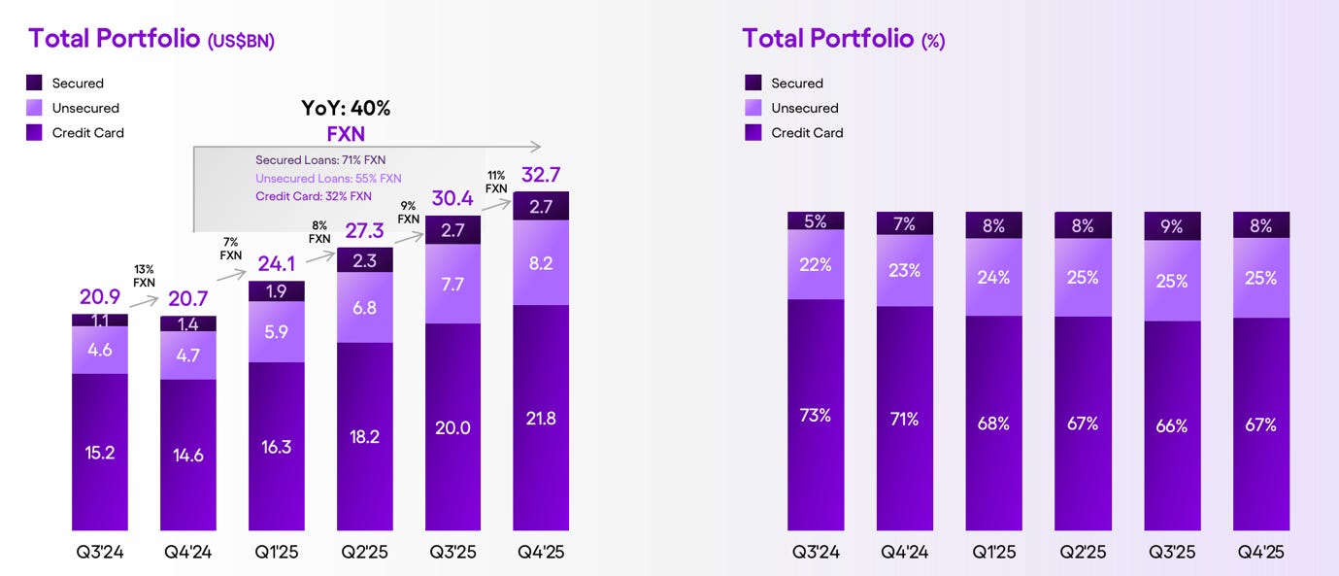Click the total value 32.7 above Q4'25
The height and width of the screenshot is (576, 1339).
coord(541,176)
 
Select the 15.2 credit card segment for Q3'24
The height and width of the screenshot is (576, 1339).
coord(100,453)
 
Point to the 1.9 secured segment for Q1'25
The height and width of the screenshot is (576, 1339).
coord(277,291)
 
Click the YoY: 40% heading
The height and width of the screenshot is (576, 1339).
coord(345,108)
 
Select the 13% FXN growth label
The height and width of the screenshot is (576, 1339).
coord(144,276)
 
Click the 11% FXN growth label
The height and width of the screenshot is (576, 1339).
coord(496,183)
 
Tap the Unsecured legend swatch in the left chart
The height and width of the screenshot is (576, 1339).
coord(34,108)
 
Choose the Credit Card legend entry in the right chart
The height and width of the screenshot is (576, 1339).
coord(794,133)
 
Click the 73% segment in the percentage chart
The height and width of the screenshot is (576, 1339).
coord(816,415)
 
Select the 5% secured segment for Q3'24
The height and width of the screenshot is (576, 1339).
coord(816,221)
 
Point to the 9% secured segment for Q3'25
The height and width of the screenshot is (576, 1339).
coord(1172,225)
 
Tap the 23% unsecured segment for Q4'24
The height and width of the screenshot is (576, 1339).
coord(905,271)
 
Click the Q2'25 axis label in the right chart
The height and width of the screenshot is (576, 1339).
coord(1083,552)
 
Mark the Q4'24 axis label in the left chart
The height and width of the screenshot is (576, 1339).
coord(188,552)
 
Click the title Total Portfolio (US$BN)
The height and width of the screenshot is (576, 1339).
coord(151,39)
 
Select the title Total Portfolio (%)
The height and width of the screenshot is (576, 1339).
coord(843,39)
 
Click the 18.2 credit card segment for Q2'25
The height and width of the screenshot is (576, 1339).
coord(364,436)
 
